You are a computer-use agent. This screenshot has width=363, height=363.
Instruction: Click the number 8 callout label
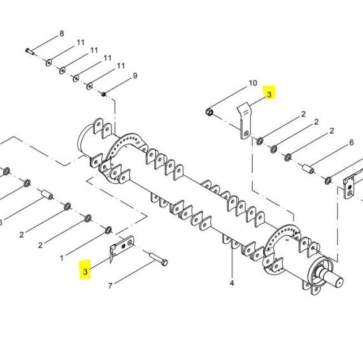pyautogui.click(x=62, y=34)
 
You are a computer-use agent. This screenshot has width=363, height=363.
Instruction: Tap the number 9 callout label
pyautogui.click(x=135, y=76)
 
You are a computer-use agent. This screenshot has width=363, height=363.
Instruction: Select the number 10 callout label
pyautogui.click(x=253, y=83)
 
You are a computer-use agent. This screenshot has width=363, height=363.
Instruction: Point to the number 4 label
pyautogui.click(x=232, y=283)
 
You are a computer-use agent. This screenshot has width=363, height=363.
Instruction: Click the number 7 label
pyautogui.click(x=110, y=286)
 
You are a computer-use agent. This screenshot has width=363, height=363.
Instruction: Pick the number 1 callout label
pyautogui.click(x=62, y=258)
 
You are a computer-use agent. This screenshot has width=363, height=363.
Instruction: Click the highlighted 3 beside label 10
pyautogui.click(x=269, y=94)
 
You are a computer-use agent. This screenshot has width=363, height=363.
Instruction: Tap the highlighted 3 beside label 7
pyautogui.click(x=85, y=271)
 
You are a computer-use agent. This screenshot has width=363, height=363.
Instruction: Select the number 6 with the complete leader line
pyautogui.click(x=352, y=143)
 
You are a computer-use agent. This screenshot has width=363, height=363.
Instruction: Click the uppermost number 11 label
pyautogui.click(x=81, y=43)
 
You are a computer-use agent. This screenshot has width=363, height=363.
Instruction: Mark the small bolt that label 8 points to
pyautogui.click(x=30, y=52)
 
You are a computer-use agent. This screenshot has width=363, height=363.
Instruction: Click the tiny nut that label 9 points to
pyautogui.click(x=104, y=94)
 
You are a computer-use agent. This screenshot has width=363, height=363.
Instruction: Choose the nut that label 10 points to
pyautogui.click(x=210, y=112)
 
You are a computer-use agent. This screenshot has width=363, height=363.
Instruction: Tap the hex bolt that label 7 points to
pyautogui.click(x=159, y=259)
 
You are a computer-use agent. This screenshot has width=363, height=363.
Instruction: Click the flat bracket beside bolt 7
pyautogui.click(x=122, y=247)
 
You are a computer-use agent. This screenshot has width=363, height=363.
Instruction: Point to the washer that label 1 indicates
pyautogui.click(x=108, y=230)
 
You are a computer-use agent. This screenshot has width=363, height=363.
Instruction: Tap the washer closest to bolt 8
pyautogui.click(x=48, y=62)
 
